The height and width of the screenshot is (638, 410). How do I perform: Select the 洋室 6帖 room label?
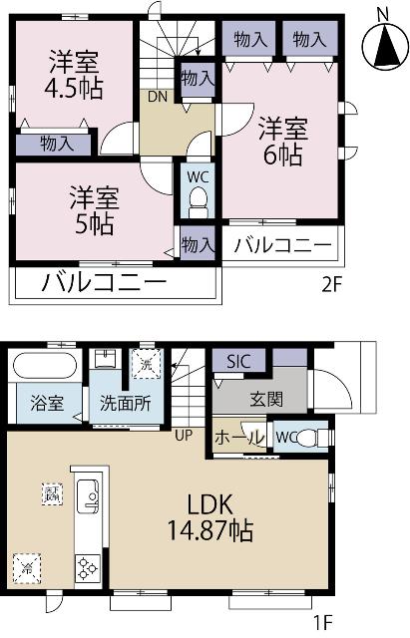(283, 141)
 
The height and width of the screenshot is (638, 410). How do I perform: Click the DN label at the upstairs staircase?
(158, 96)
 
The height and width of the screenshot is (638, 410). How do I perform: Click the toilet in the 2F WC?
(197, 207)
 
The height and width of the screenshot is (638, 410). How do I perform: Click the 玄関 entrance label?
(266, 400)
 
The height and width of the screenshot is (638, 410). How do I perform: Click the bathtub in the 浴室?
(44, 367)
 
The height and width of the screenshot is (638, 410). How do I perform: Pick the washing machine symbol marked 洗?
(148, 365)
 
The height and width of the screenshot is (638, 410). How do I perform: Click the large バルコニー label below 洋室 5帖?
(103, 284)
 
